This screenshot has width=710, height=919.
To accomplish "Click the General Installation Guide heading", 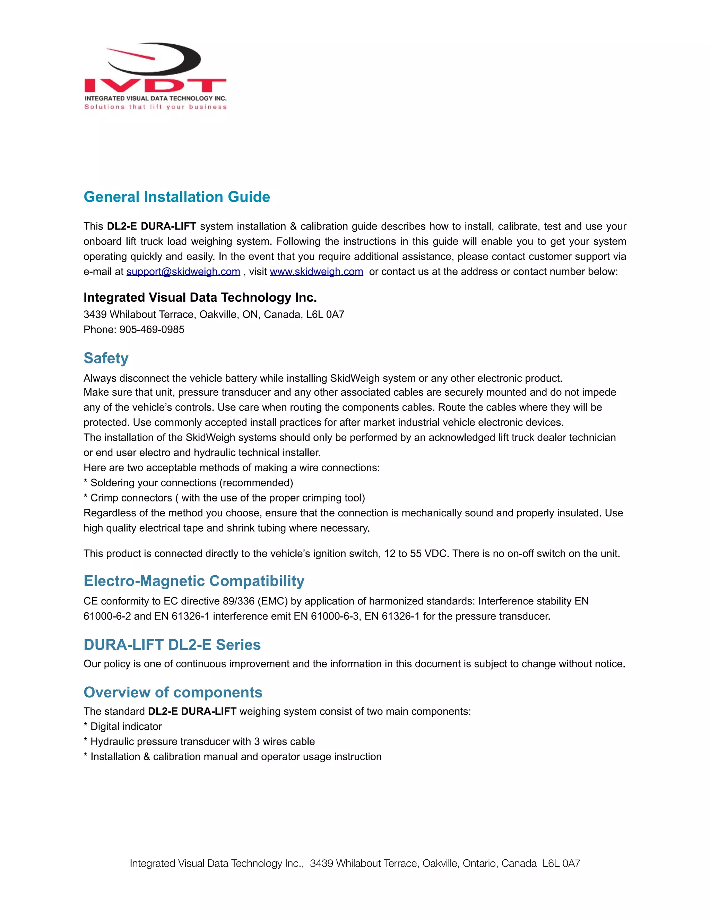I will tap(177, 197).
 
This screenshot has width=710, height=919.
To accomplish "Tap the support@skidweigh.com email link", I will tap(183, 272).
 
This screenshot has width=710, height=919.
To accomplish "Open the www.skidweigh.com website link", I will tap(316, 272).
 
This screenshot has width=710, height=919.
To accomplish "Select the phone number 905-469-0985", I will tap(152, 329).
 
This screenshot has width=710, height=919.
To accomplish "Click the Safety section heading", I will tap(106, 358).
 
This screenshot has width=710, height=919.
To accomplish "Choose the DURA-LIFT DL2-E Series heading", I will tap(172, 645).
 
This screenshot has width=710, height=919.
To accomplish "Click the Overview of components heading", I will tap(173, 692).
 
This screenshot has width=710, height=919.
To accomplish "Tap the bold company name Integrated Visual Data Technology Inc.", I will tap(200, 298).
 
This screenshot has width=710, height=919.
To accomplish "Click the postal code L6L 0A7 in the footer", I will tap(561, 864).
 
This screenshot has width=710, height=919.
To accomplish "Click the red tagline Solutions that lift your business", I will tap(155, 107).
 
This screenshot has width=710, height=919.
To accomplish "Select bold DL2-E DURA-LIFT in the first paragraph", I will tap(151, 226).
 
